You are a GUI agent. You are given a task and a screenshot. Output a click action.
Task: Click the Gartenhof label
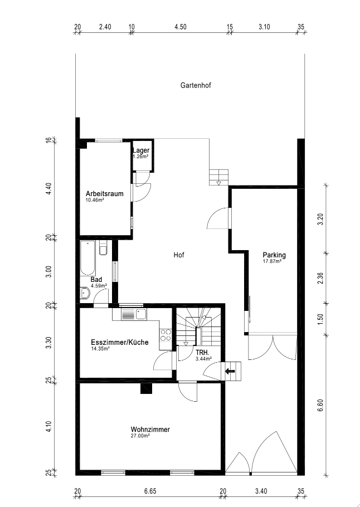click(196, 86)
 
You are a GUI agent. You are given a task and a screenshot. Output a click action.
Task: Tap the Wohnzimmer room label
click(150, 430)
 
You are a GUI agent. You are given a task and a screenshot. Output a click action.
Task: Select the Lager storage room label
click(141, 150)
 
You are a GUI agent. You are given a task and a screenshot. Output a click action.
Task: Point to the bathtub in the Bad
click(87, 258)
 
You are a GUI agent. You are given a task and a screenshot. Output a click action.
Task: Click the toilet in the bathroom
click(103, 248)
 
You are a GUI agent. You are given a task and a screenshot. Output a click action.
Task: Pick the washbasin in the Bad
click(85, 293)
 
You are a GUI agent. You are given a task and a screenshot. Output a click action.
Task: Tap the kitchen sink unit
click(134, 314)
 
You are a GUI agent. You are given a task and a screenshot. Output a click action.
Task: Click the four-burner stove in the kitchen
click(166, 335)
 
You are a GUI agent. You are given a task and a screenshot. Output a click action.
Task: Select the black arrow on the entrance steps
click(230, 371)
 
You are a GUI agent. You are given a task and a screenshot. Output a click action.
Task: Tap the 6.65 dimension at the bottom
click(150, 491)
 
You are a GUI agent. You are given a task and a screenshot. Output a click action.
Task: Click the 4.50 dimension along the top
click(181, 27)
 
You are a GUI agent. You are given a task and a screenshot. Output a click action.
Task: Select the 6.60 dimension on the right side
click(320, 405)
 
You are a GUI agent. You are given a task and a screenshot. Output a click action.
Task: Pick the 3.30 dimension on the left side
click(48, 343)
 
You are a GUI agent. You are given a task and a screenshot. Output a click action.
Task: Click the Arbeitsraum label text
click(104, 194)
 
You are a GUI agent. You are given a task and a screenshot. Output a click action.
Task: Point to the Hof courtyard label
click(179, 255)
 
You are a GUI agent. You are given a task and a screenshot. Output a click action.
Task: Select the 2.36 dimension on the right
click(320, 278)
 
